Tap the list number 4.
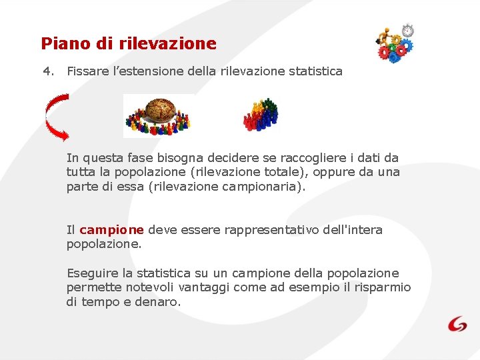pos(47,71)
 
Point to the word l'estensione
pos(143,71)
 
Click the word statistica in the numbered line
pos(315,71)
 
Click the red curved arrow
pos(56,117)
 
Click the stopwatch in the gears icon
pos(407,31)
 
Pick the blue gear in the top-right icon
pos(395,55)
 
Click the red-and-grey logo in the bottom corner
pos(457,324)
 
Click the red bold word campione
pos(111,230)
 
